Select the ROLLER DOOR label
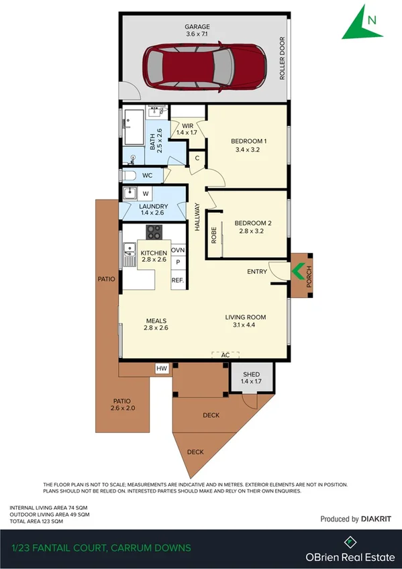tap(283, 58)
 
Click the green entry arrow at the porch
tap(297, 270)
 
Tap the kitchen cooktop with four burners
tap(154, 232)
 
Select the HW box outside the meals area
tap(162, 368)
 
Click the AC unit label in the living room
tap(225, 354)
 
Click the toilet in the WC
tap(130, 176)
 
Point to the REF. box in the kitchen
tap(178, 280)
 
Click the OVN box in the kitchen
tap(178, 250)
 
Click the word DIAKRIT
tap(376, 519)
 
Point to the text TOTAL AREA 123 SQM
tap(36, 521)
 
